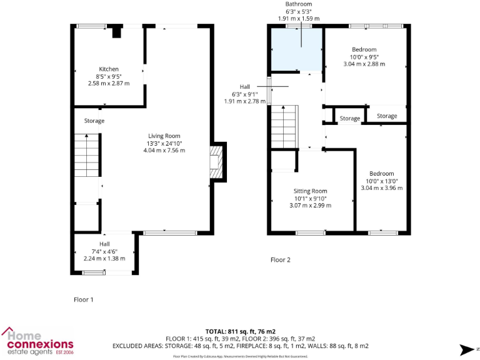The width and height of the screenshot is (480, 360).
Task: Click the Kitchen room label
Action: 109,69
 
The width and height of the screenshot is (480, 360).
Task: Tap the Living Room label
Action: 164,136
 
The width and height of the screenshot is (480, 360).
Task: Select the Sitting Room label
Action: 311,191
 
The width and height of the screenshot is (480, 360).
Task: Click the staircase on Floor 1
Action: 86,157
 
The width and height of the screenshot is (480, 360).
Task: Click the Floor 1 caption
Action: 83,300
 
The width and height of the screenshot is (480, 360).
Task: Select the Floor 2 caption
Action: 280,260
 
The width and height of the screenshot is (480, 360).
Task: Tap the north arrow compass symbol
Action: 465,349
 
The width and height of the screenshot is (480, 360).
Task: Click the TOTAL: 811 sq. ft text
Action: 240,331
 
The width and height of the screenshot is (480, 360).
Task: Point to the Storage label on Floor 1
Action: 94,121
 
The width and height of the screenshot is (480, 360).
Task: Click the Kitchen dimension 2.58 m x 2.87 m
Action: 109,84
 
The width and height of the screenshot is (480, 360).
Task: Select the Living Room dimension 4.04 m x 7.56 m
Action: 164,151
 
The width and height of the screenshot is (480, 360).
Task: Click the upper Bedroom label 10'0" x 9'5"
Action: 364,57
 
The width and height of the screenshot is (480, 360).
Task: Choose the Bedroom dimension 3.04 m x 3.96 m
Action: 381,187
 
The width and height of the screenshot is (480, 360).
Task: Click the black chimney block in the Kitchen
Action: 116,32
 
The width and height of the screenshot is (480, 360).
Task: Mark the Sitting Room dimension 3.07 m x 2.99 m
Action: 311,206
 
